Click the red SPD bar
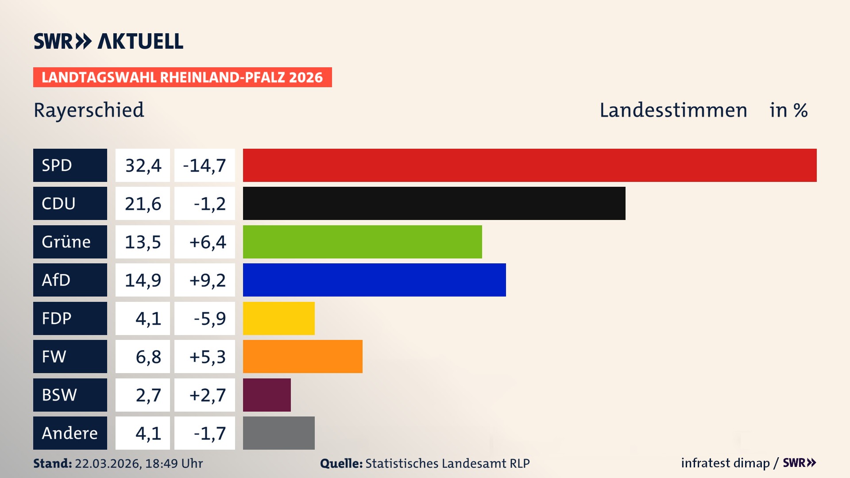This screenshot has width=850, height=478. [529, 165]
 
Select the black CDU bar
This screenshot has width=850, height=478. [434, 203]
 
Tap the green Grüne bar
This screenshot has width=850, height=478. [362, 242]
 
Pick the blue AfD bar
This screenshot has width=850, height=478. [374, 280]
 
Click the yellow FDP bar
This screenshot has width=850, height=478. [278, 318]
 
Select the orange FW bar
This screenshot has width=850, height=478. [302, 356]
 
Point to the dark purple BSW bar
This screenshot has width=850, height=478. [267, 395]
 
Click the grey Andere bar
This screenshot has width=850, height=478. [278, 433]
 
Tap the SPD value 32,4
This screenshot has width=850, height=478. [143, 166]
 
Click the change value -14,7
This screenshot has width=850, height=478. [205, 166]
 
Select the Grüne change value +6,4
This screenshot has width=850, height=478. [207, 242]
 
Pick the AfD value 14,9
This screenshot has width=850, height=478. [143, 280]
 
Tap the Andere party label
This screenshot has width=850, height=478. [70, 433]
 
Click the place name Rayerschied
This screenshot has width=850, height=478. [89, 110]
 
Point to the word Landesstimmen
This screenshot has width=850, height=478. [673, 110]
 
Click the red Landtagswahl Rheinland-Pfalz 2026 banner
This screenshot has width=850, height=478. [182, 77]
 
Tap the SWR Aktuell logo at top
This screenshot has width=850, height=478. [108, 41]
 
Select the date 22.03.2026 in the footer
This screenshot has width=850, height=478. [108, 463]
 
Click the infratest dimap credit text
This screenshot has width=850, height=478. [725, 463]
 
